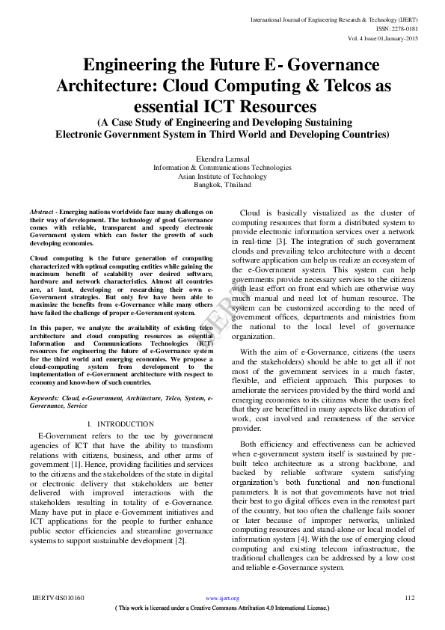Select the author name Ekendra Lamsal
point(222,159)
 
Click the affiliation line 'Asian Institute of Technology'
point(222,176)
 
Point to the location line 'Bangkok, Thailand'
point(222,184)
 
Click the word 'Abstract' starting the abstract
point(42,212)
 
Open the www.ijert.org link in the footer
point(222,599)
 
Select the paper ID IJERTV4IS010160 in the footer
point(58,599)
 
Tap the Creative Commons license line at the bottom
point(222,608)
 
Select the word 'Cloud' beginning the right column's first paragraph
point(252,212)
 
